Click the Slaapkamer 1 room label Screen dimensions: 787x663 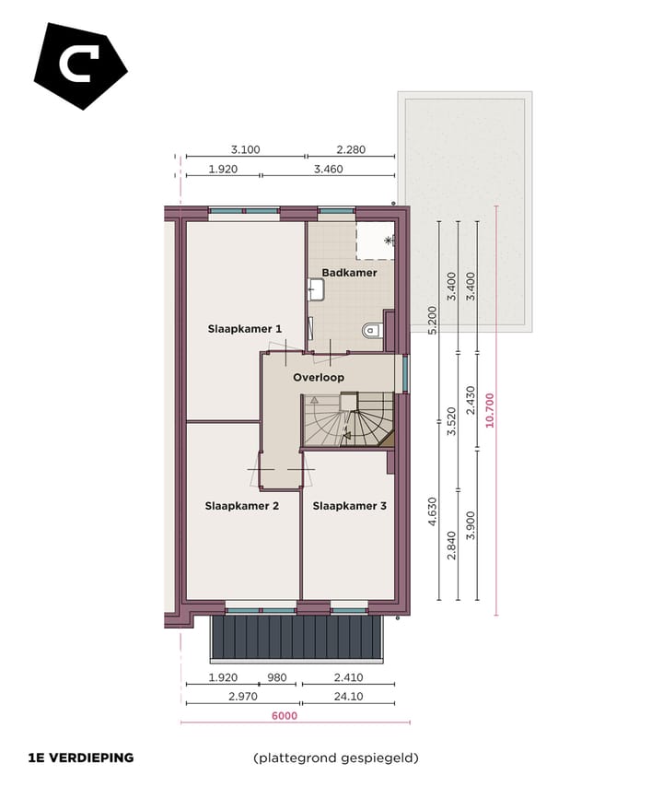(244, 328)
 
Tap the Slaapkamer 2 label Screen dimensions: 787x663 (241, 506)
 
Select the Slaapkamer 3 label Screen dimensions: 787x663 (349, 506)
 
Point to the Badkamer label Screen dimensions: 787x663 (349, 273)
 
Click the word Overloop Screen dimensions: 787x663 (319, 378)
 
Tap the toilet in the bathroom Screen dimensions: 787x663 (372, 330)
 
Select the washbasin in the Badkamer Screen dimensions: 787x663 (316, 290)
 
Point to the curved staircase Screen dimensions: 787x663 (350, 420)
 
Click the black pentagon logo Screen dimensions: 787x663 (79, 65)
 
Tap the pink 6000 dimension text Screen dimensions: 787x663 (284, 715)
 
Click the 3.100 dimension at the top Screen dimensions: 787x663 (245, 149)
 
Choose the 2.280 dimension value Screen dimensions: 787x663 (351, 149)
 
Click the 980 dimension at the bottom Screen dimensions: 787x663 (277, 678)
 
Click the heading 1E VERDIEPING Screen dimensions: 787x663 (81, 758)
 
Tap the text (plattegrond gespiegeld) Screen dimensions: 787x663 (336, 758)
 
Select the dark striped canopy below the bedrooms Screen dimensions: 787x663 (296, 638)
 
